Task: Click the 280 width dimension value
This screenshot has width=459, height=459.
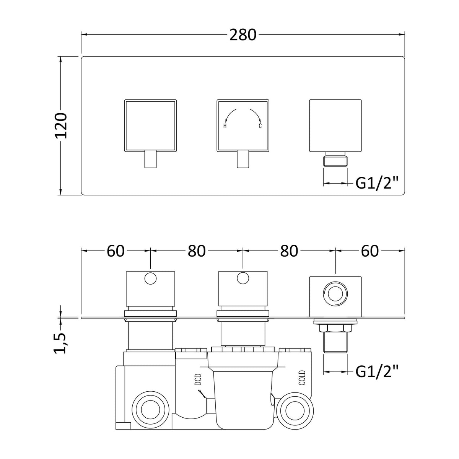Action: click(x=243, y=35)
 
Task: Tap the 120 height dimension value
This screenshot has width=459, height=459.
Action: click(x=61, y=126)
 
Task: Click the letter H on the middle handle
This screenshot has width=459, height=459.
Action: click(x=225, y=126)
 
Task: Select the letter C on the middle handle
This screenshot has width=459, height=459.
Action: click(x=260, y=125)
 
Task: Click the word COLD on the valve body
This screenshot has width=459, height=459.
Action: click(x=302, y=378)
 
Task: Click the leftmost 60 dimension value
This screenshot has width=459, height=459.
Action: click(x=116, y=251)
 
